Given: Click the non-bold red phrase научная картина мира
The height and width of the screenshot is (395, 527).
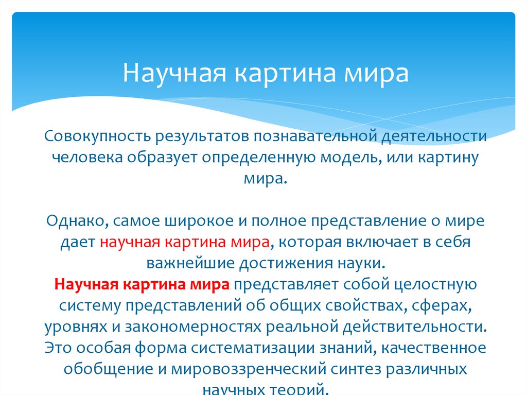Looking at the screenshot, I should pyautogui.click(x=185, y=242).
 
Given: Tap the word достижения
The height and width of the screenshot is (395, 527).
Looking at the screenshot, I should pyautogui.click(x=286, y=263).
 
